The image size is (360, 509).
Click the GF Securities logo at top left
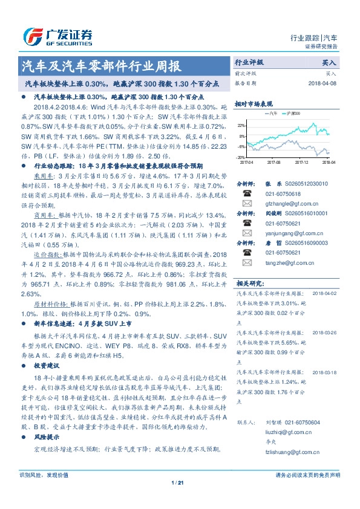point(57,36)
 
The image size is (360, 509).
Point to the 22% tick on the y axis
point(241,125)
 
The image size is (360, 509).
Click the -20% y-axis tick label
point(241,157)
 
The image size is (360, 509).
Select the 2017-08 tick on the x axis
point(273,162)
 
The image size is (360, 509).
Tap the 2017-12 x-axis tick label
point(301,162)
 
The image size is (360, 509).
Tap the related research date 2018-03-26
point(326,332)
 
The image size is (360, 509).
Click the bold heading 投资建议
point(47,366)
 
